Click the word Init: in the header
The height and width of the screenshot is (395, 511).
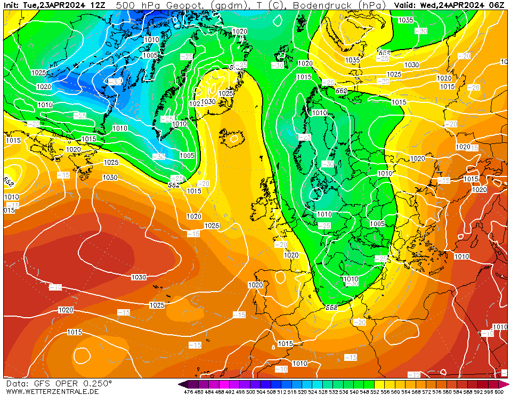click(12, 5)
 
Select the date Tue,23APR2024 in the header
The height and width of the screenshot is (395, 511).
click(55, 5)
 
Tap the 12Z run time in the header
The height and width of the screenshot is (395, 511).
click(98, 5)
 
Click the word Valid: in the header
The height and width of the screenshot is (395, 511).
click(406, 5)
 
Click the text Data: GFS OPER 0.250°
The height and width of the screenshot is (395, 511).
click(59, 383)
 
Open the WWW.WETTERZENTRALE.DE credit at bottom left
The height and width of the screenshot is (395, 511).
click(52, 391)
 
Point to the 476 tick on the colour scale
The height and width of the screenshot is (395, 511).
click(188, 392)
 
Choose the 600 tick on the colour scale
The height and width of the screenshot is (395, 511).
click(499, 392)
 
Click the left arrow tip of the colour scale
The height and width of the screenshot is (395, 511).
click(180, 384)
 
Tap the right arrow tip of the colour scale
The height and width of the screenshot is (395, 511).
click(507, 384)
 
